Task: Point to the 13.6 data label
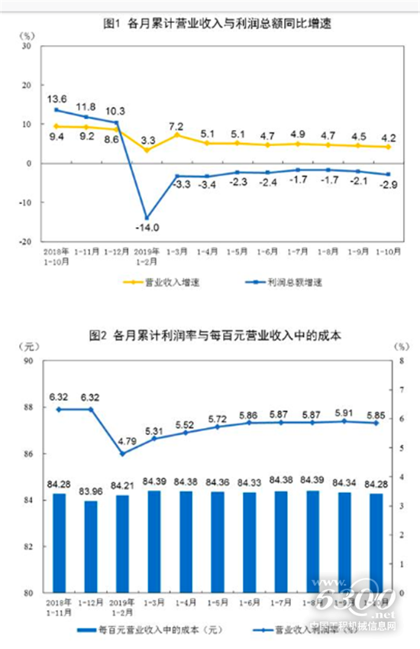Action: (57, 99)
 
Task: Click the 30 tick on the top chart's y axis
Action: (25, 45)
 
